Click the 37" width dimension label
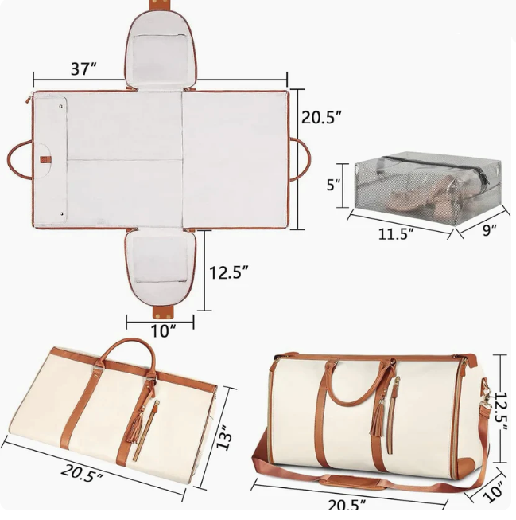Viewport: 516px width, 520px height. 83,69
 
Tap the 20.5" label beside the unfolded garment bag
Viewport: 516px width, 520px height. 321,116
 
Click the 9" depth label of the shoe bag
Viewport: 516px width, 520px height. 488,231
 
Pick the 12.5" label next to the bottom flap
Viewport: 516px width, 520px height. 229,272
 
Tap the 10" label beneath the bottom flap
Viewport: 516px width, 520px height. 161,330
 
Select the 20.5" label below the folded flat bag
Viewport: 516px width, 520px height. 83,474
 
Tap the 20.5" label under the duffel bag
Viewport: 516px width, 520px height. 347,505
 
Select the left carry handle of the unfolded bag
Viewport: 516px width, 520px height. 19,159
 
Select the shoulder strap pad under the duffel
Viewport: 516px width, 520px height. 350,482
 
